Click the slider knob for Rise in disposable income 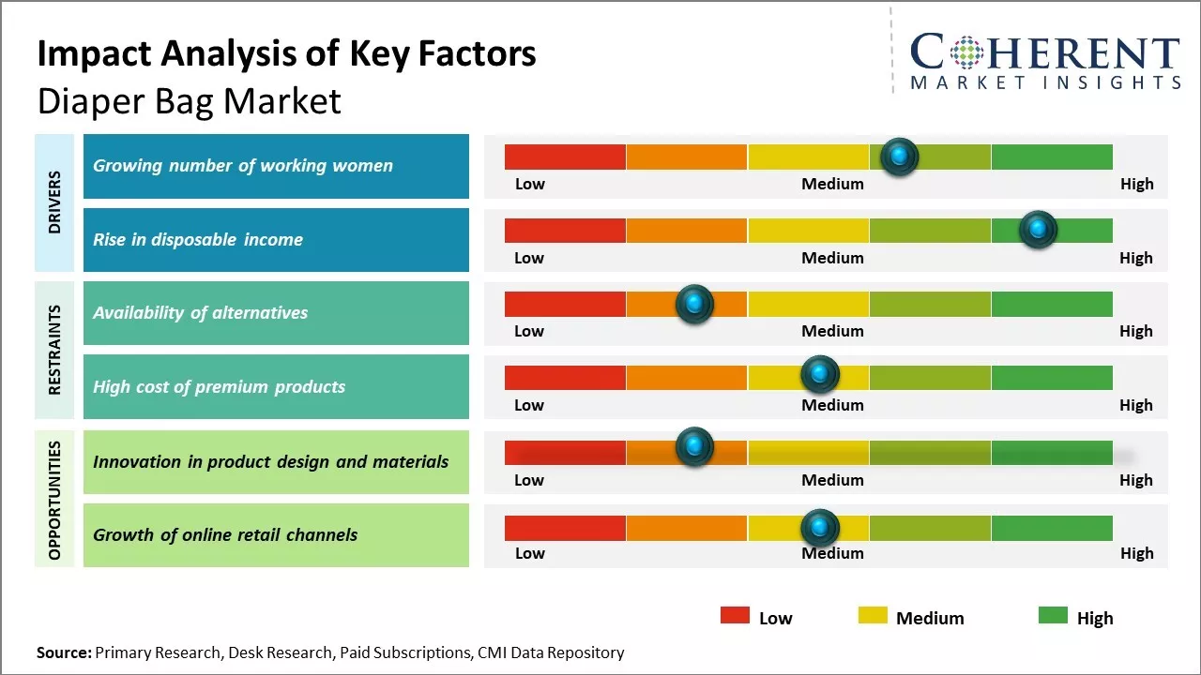1038,230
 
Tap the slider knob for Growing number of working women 899,157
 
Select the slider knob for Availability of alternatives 694,304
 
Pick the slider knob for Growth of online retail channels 819,528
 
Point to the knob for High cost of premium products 819,375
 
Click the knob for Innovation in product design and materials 694,447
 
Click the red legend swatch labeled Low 735,615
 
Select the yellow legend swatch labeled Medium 873,615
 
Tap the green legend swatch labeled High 1053,615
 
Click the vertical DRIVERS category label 54,202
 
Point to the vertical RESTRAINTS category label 54,350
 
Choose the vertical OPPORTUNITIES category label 54,500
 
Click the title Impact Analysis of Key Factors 286,54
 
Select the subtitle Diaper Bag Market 189,101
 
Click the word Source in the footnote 64,652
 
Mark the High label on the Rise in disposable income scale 1135,258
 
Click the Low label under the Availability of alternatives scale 529,331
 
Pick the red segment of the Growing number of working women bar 565,157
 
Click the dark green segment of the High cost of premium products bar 1052,377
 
